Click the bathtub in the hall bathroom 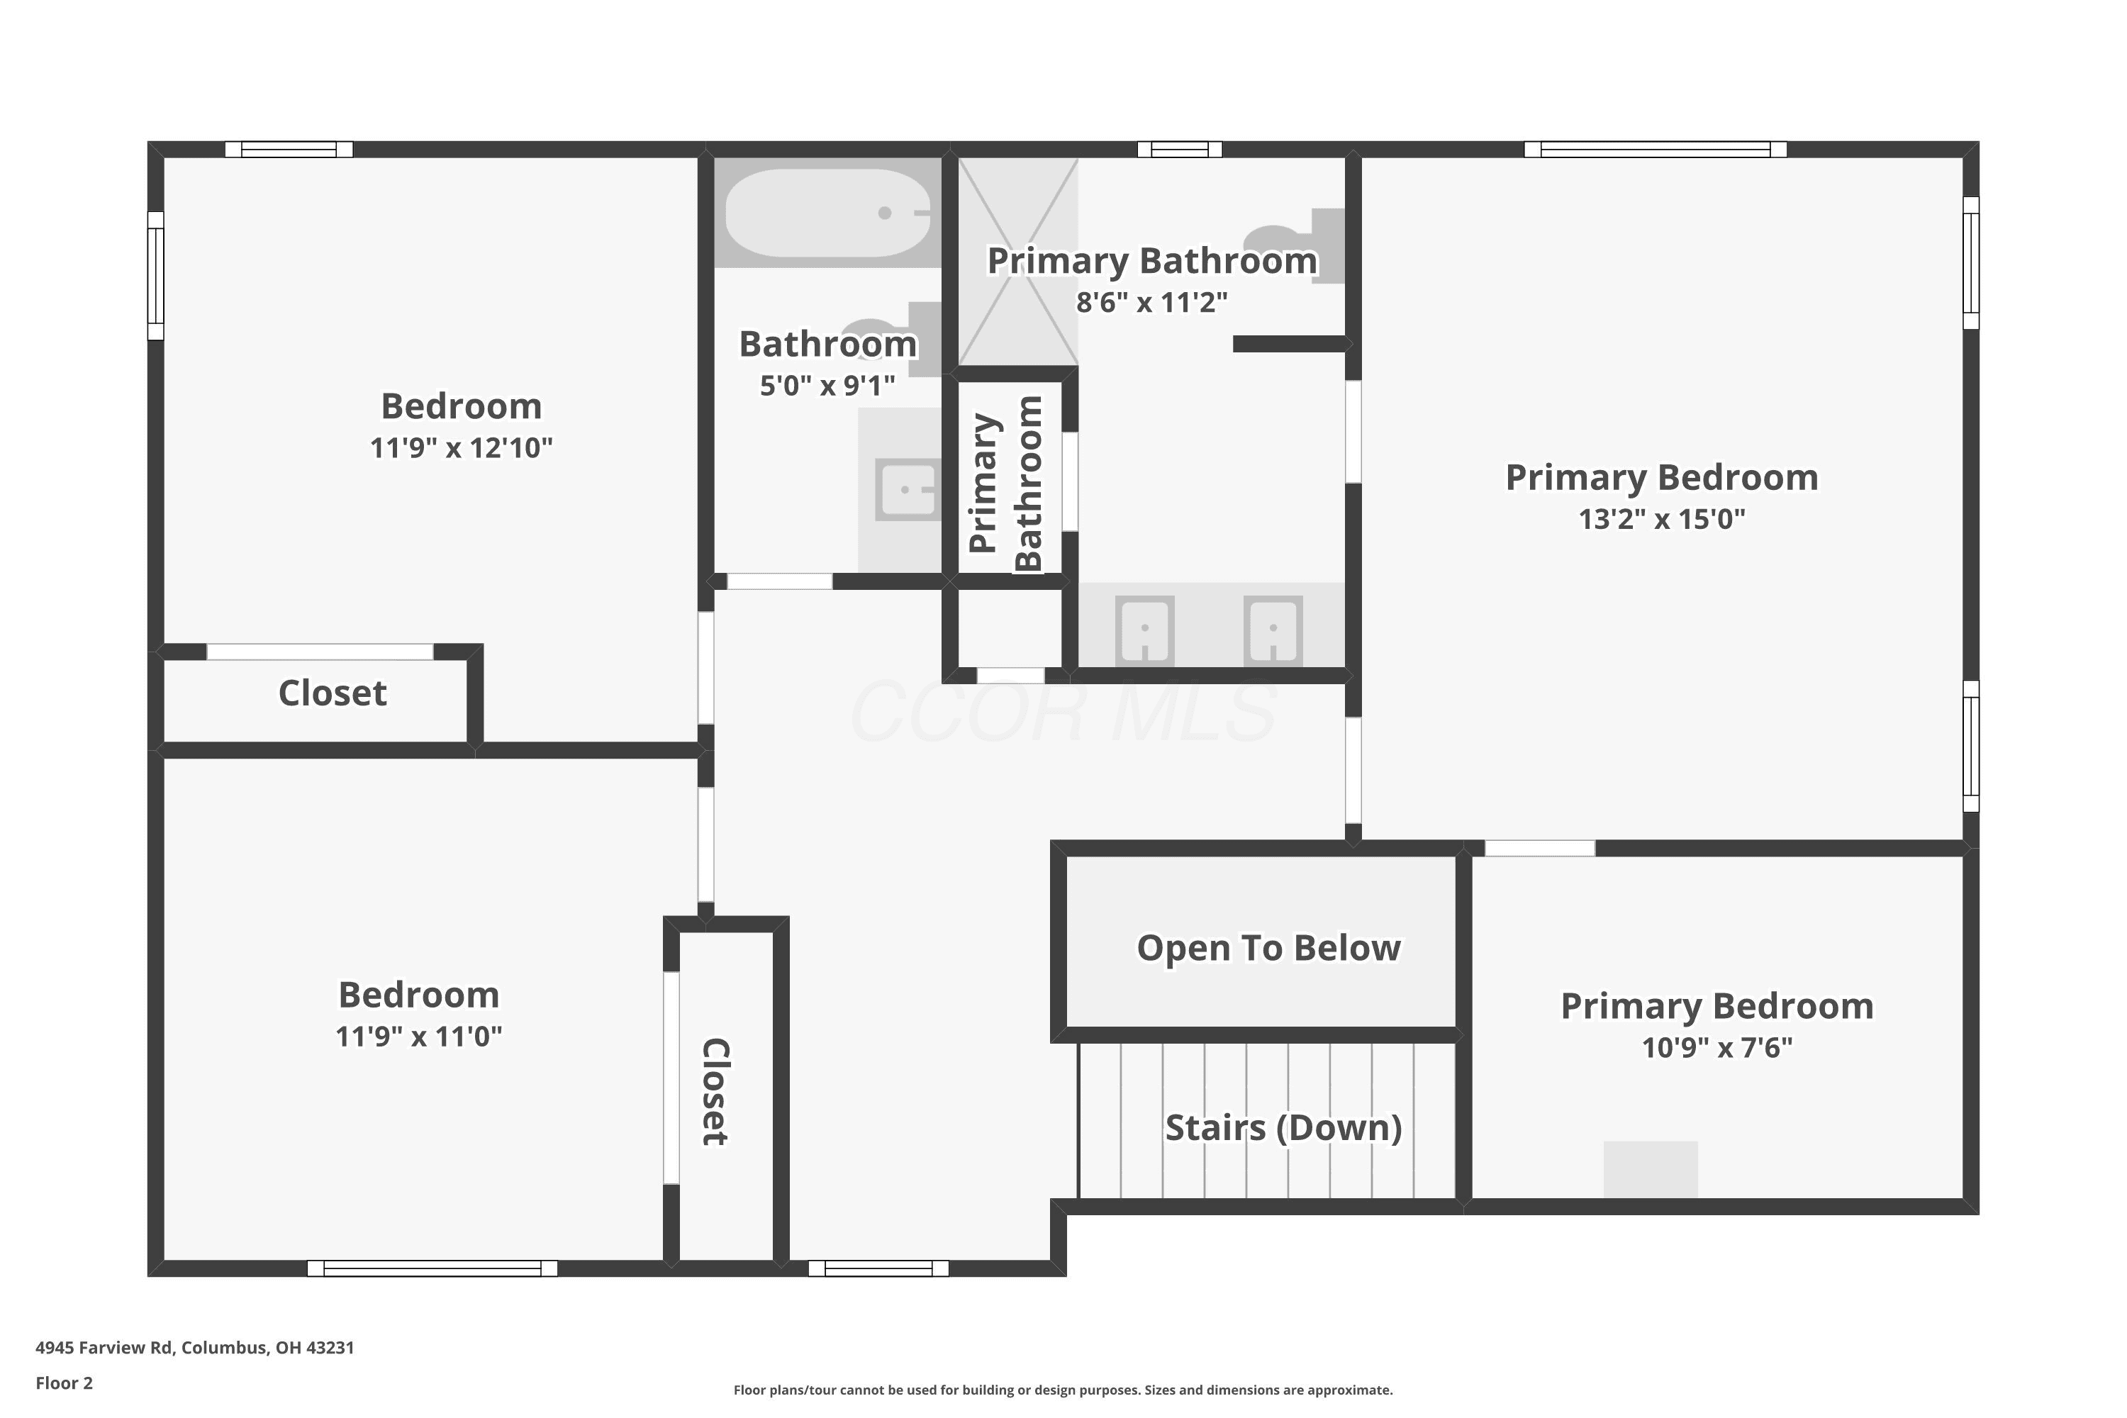click(827, 213)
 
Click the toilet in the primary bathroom click(1295, 246)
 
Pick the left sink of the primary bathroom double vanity click(1145, 630)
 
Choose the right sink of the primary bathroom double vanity click(1273, 630)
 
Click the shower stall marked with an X click(1018, 262)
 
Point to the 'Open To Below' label click(1269, 948)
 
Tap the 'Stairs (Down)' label click(1284, 1128)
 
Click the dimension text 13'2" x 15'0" click(1662, 519)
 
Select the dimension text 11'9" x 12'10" click(462, 447)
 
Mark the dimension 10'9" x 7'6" click(1717, 1047)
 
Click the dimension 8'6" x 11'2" click(1152, 302)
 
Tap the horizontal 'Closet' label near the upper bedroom click(333, 693)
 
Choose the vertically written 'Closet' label click(716, 1092)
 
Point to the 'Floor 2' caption click(65, 1383)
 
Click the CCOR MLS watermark click(1063, 713)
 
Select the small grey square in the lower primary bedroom click(1651, 1169)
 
